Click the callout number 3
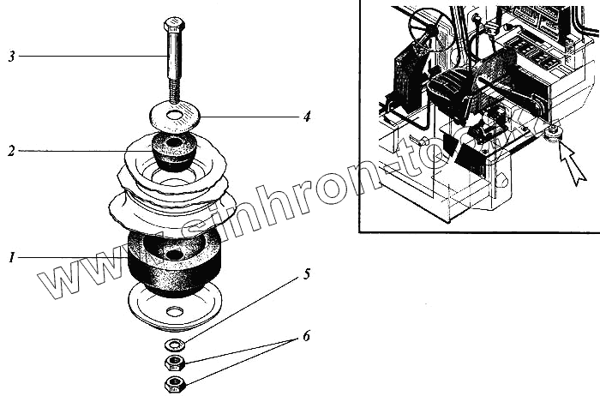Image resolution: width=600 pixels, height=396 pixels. click(x=11, y=57)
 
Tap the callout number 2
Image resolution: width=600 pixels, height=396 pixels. click(x=11, y=152)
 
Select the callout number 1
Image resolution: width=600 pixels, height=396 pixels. click(x=11, y=256)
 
